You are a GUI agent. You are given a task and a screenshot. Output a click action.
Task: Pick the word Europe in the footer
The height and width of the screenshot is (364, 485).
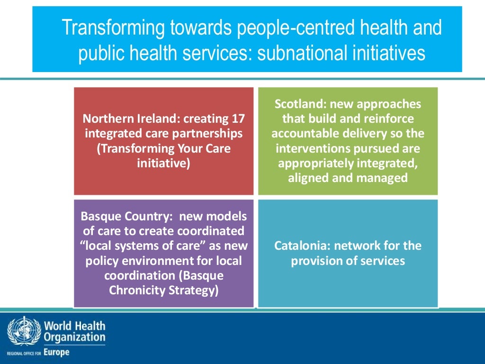point(56,352)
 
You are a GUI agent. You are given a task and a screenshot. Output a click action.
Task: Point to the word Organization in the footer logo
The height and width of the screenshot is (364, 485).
point(74,337)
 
